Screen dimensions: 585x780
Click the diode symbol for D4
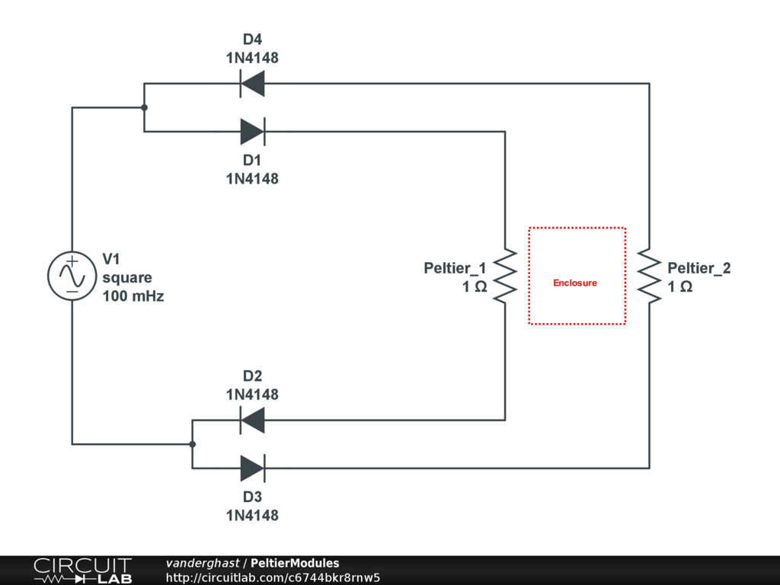coord(252,83)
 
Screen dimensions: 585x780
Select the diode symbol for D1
coord(252,132)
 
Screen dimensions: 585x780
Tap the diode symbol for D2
coord(252,420)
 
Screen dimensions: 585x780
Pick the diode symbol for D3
coord(252,468)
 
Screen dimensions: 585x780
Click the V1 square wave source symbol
coord(72,276)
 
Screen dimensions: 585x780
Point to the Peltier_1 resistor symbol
coord(504,276)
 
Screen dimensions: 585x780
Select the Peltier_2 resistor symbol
coord(649,276)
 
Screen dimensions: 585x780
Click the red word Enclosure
coord(575,283)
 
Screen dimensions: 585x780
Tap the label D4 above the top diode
coord(252,40)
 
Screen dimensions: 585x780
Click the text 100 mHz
coord(133,296)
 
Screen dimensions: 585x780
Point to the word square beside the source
coord(127,278)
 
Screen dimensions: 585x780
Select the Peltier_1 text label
coord(455,268)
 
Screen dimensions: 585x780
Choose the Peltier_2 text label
coord(699,268)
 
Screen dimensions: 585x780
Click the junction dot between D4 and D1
coord(144,107)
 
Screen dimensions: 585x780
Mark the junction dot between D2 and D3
coord(192,444)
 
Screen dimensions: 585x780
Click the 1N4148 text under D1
coord(252,179)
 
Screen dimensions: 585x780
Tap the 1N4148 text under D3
coord(252,516)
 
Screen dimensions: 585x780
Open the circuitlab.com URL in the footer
coord(273,577)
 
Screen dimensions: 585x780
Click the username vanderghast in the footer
coord(202,564)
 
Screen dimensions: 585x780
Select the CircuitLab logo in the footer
coord(82,571)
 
